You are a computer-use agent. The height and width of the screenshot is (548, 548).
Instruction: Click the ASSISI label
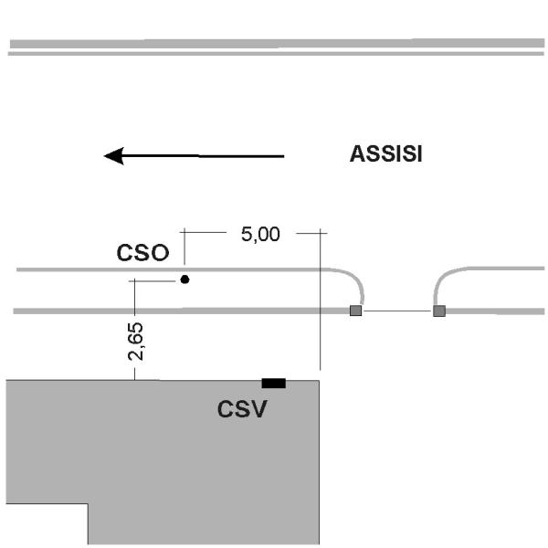385,154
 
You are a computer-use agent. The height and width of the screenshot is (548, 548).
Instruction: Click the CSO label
142,253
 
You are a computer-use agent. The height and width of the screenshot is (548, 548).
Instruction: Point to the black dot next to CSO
184,279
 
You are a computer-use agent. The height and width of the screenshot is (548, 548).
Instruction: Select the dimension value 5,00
260,234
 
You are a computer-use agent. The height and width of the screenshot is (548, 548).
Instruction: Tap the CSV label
242,409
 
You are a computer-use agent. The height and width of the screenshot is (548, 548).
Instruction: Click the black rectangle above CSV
273,383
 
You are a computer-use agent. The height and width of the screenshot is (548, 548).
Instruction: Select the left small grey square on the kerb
356,311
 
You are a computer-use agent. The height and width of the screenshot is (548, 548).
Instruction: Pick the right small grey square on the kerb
439,311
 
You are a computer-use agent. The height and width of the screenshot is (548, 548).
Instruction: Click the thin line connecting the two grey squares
397,311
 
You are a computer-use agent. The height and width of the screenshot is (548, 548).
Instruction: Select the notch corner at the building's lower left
88,503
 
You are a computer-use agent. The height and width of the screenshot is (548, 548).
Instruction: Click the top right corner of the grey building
319,381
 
